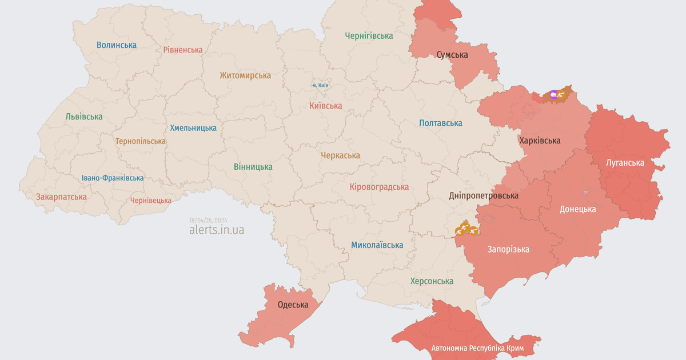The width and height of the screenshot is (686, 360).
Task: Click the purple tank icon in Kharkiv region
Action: [x=553, y=94]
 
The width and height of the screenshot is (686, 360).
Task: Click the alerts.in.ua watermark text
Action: [x=216, y=230]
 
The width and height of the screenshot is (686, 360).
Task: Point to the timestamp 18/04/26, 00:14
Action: [x=208, y=220]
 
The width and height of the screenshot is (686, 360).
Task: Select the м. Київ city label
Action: [x=320, y=85]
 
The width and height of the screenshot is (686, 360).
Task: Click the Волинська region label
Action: [x=117, y=45]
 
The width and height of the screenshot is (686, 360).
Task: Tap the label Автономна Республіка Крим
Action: [x=477, y=348]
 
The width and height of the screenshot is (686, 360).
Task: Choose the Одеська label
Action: [x=293, y=305]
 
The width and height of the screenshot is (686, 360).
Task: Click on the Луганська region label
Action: [x=625, y=163]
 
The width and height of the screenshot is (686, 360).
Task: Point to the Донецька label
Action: [x=577, y=209]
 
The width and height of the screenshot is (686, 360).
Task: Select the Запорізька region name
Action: [x=508, y=249]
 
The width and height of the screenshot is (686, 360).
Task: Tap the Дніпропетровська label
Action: [x=484, y=195]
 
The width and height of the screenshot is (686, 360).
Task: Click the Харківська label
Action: [x=540, y=141]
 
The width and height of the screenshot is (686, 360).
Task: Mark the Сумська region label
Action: [x=452, y=55]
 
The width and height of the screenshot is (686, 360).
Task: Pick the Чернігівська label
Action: [x=369, y=35]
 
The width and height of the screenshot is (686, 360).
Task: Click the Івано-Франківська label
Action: [x=113, y=178]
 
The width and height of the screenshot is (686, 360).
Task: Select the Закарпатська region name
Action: [x=61, y=197]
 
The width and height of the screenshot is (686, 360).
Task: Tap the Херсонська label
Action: [x=432, y=281]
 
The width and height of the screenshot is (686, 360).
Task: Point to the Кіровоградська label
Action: [x=379, y=187]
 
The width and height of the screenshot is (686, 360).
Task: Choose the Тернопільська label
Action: [x=141, y=141]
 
